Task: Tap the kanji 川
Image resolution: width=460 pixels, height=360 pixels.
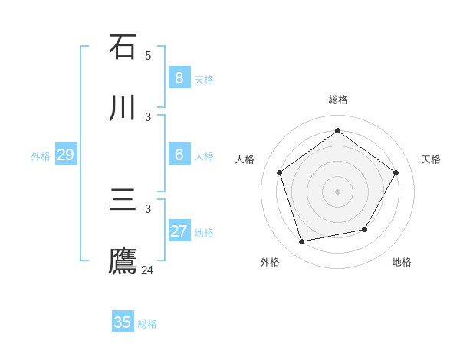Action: point(123,108)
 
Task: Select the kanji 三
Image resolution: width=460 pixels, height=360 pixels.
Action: point(123,200)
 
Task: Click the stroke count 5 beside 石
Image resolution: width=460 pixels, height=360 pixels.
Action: point(148,55)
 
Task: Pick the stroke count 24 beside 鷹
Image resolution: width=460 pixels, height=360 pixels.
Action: point(148,270)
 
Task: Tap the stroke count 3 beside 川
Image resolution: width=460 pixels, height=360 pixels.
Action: point(148,116)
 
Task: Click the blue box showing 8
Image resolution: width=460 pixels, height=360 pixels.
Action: point(179,77)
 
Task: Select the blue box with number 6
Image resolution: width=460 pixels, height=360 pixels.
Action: point(179,154)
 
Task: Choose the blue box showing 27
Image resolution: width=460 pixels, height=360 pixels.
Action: point(179,231)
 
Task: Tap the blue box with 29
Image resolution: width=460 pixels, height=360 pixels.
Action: point(66,155)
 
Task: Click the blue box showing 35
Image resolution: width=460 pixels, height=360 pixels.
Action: point(123,322)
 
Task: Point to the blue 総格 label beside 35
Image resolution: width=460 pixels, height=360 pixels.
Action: point(147,324)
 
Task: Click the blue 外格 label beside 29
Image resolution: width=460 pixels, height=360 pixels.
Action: point(41,156)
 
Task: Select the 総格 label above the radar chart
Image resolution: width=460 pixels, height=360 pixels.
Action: point(337,100)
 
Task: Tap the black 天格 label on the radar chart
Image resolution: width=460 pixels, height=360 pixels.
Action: point(431,159)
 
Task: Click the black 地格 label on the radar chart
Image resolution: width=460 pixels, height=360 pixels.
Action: point(402,262)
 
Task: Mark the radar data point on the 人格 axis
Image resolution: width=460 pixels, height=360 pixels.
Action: point(280,172)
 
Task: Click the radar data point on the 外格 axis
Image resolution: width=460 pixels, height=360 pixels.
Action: point(302,242)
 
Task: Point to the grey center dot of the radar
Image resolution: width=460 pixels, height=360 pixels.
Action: point(337,191)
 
